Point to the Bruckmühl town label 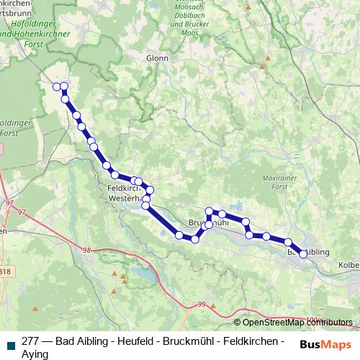(209, 223)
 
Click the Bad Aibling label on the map (308, 253)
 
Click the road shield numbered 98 (87, 250)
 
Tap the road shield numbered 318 (5, 271)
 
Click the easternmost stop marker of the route (303, 253)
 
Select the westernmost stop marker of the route (56, 86)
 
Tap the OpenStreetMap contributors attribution (293, 323)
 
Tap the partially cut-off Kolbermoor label (348, 266)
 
